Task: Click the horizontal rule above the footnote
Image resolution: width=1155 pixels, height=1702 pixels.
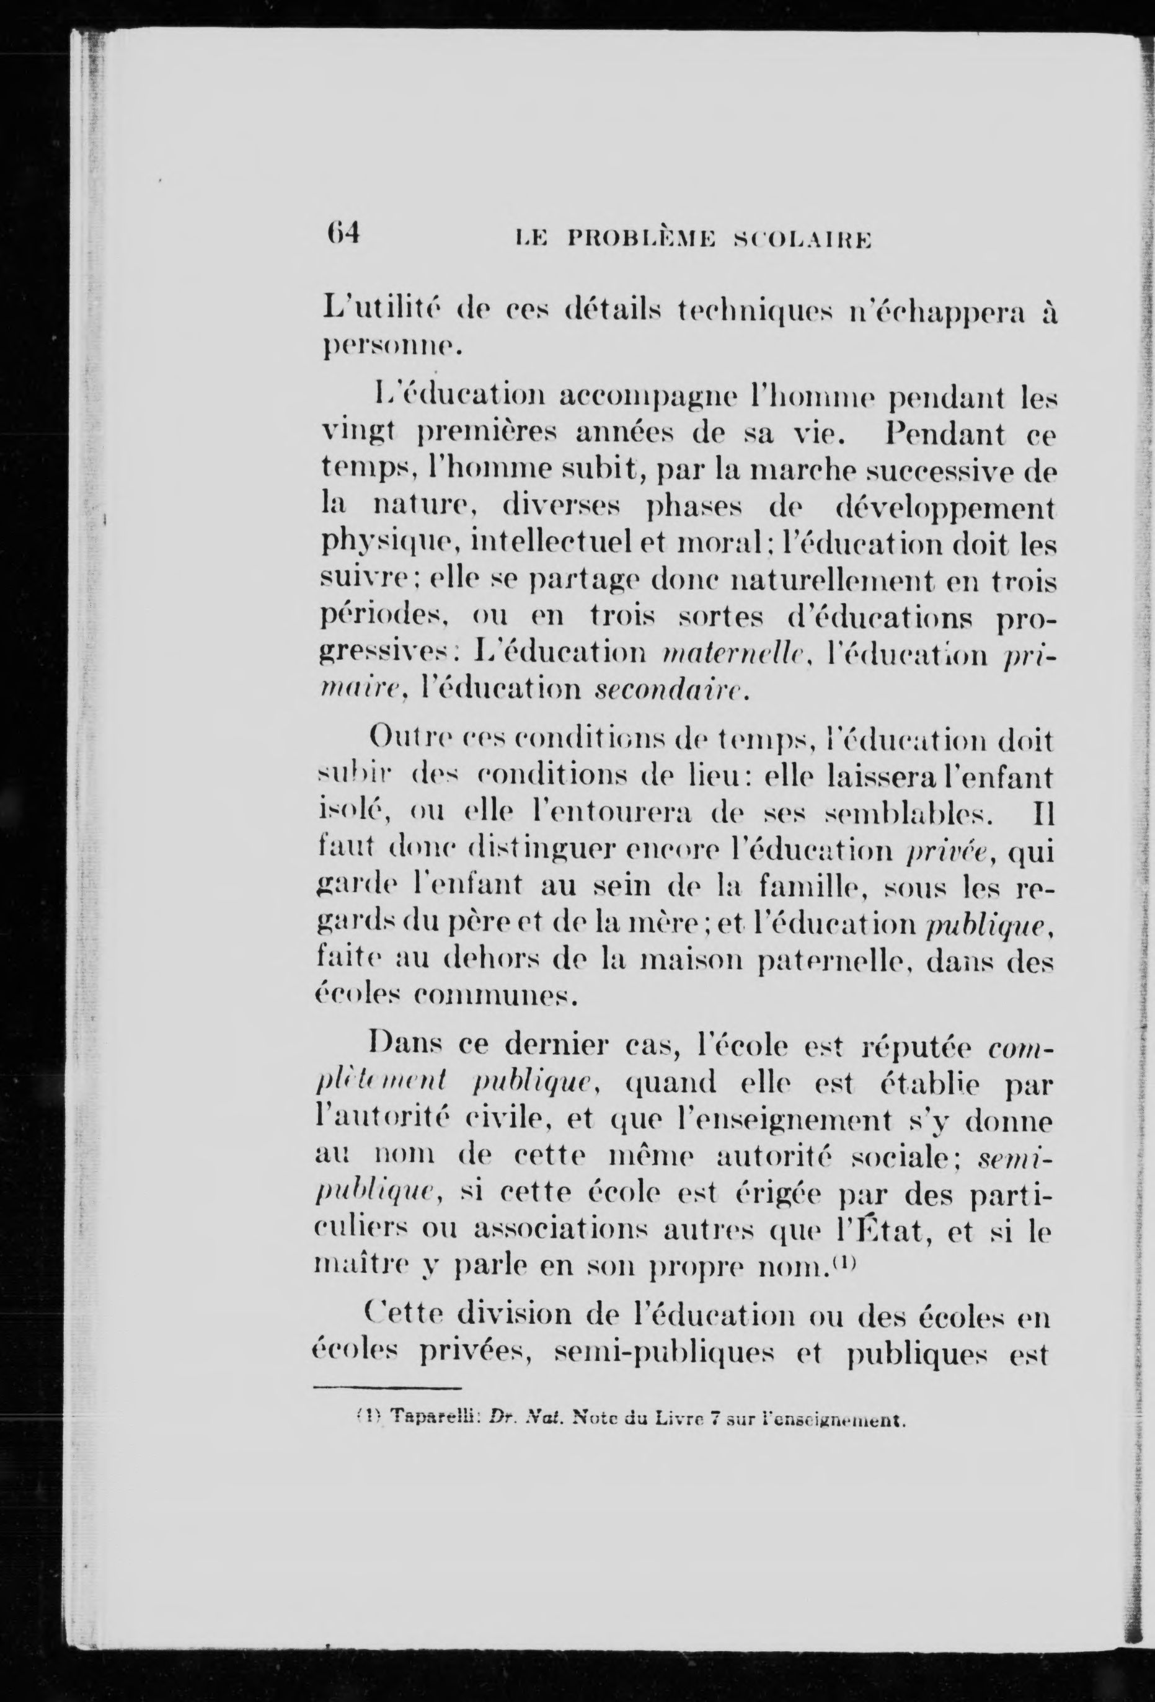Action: [387, 1388]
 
